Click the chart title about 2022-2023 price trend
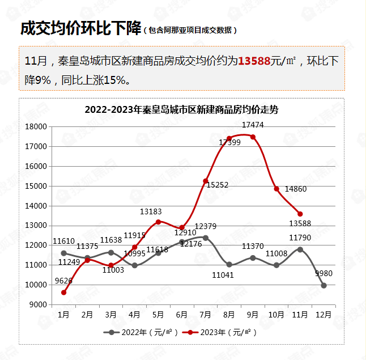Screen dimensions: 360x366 (181, 109)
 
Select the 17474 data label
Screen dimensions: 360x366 (253, 125)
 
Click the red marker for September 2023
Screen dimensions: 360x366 (253, 137)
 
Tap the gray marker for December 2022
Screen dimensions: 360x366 (324, 285)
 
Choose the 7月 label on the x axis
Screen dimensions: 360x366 (206, 314)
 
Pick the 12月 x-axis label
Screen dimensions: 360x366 (324, 314)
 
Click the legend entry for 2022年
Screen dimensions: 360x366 (142, 332)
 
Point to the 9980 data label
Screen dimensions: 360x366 (324, 273)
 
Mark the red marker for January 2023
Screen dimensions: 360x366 (64, 293)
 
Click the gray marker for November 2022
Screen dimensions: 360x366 (300, 249)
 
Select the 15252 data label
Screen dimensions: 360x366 (217, 185)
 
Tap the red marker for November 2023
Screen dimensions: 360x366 (300, 214)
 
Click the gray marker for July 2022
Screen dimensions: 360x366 (206, 238)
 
